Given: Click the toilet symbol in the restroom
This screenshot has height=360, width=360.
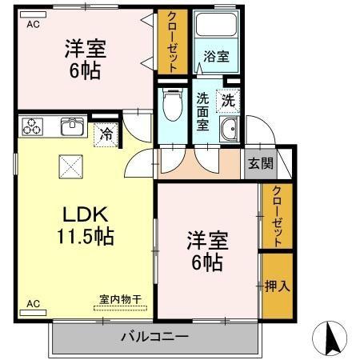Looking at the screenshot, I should click(170, 104).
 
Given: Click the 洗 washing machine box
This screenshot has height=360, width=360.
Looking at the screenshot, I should click(228, 101).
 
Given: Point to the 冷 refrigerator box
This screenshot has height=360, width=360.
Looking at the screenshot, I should click(106, 134).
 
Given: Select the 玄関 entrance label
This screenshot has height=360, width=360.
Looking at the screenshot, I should click(258, 164).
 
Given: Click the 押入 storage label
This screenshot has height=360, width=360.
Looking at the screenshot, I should click(276, 286).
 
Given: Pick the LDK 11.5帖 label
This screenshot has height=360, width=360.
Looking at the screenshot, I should click(83, 225).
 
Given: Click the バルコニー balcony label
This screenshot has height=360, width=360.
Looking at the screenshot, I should click(155, 336).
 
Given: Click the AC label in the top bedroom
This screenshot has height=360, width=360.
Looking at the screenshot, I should click(33, 25).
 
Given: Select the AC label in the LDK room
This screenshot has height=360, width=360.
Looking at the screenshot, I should click(33, 304).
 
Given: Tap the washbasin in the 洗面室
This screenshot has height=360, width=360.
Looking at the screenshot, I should click(229, 133).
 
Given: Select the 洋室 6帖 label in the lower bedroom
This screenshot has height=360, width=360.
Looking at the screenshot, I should click(206, 250).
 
